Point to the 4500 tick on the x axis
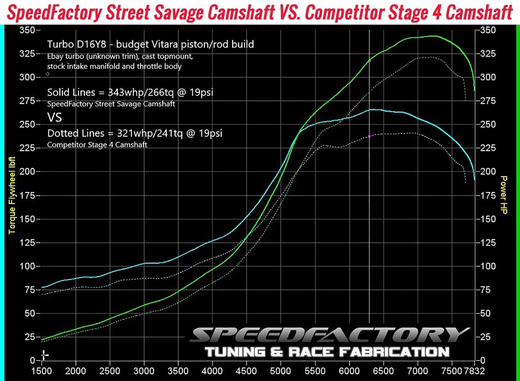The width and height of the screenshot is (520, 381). [247, 371]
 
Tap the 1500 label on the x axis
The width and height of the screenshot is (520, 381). [42, 371]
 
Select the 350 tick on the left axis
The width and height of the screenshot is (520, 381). [27, 30]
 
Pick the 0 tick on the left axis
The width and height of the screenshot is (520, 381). [33, 361]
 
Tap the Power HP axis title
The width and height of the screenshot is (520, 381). [504, 195]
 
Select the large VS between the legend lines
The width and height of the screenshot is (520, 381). [54, 118]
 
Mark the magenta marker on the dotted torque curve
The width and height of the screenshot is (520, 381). [369, 137]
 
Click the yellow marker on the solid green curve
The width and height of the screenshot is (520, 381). [369, 61]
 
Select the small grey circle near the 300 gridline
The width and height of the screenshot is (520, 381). [48, 74]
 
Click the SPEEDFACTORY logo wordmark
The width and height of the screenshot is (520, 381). [329, 335]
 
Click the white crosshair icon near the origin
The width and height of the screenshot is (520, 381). [44, 355]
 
